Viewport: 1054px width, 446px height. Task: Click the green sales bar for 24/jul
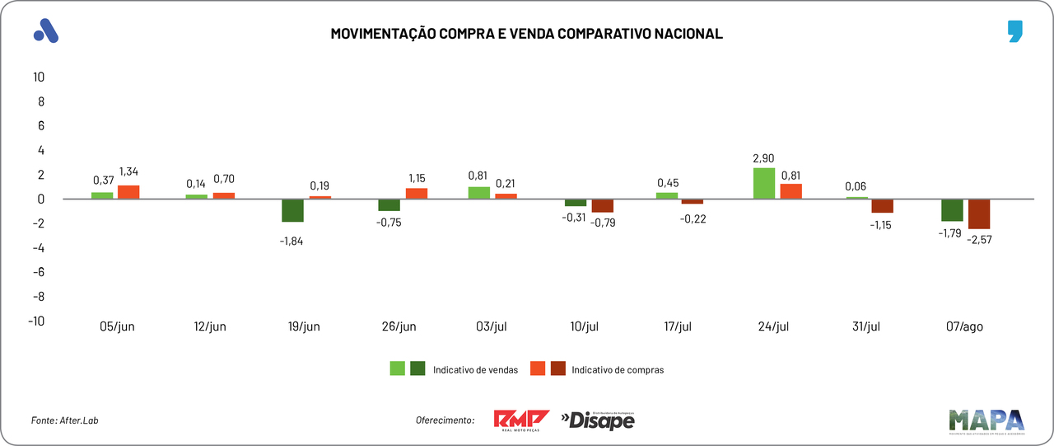763,183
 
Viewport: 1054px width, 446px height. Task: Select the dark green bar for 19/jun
292,210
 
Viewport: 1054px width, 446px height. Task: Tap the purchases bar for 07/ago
979,214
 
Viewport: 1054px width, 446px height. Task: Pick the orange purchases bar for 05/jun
128,192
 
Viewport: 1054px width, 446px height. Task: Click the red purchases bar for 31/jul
883,206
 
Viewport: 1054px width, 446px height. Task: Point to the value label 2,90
763,158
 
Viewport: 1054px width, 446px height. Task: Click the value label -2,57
980,238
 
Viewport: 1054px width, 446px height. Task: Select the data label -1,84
292,240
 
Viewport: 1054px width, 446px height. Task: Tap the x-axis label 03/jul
492,326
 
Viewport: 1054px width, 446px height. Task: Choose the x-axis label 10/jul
585,326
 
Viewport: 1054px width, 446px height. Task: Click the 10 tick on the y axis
38,77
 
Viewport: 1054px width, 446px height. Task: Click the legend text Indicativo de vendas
475,370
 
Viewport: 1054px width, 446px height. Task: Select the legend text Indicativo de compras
618,370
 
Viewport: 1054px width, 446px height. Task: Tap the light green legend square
398,369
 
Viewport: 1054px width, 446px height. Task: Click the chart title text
526,34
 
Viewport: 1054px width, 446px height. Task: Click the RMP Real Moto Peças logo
521,420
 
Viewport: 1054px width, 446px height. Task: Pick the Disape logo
598,420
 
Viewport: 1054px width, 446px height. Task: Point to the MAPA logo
986,420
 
